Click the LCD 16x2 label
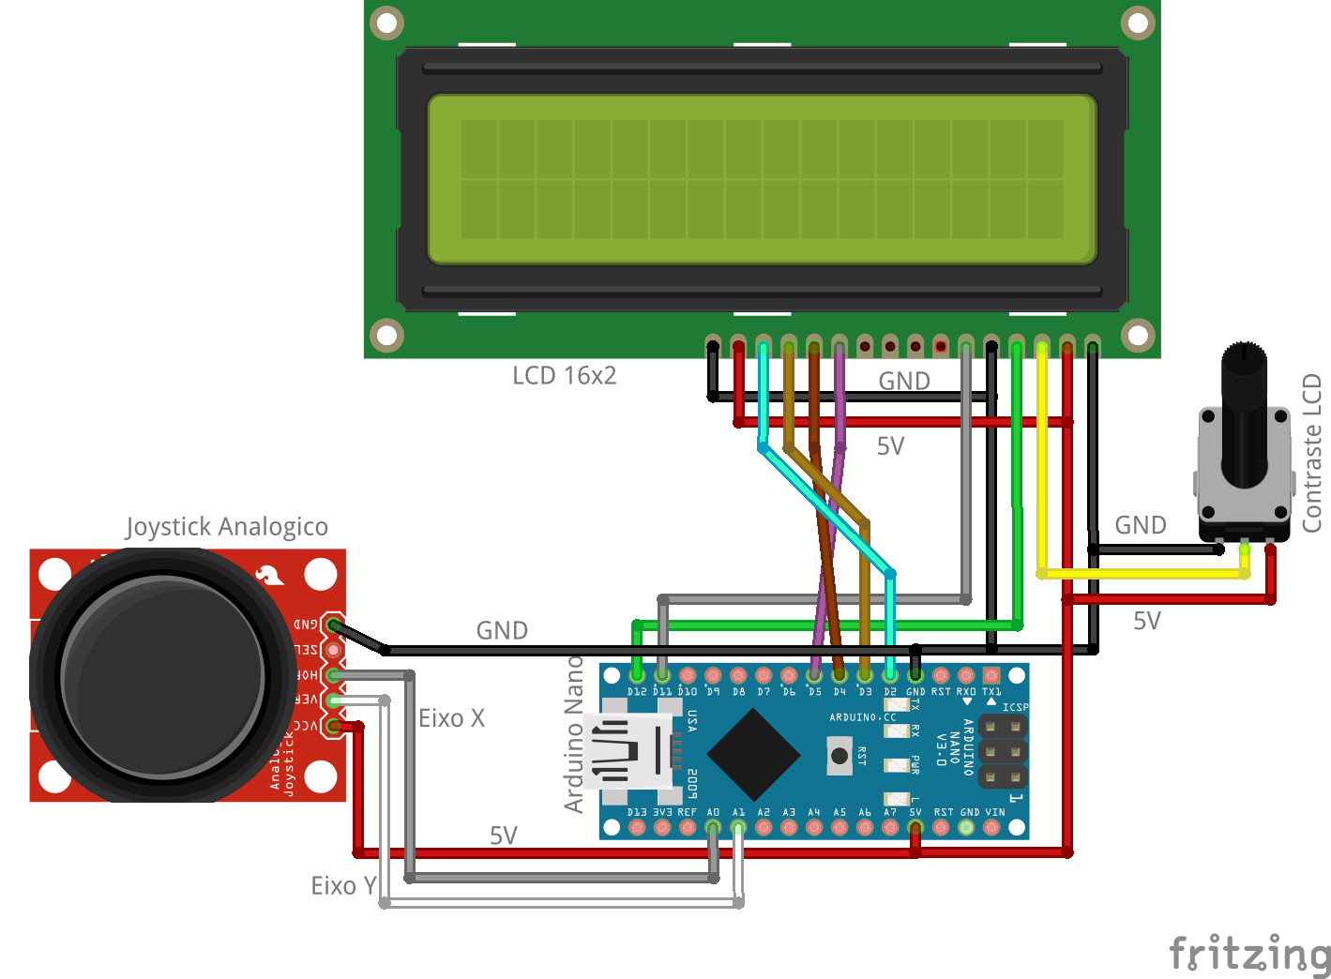[564, 376]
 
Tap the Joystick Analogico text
[227, 527]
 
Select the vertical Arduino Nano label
[573, 734]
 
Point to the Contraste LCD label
[1311, 453]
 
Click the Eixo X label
[451, 718]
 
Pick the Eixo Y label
[343, 886]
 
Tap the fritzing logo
[1249, 954]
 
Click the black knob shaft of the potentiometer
[1244, 413]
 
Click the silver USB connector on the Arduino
[626, 750]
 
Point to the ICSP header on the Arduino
[1003, 751]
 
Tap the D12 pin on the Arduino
[637, 675]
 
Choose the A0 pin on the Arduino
[713, 828]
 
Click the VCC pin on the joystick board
[333, 725]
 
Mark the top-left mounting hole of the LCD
[386, 23]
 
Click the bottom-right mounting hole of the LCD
[1137, 335]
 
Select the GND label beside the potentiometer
[1140, 525]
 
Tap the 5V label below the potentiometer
[1146, 621]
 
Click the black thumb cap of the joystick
[161, 675]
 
